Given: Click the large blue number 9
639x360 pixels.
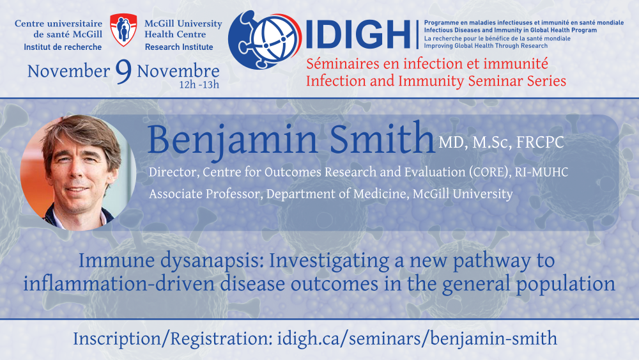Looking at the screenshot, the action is [123, 72].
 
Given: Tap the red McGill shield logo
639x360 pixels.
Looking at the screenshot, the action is [123, 30].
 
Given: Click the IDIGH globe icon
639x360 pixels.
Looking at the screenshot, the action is [265, 40].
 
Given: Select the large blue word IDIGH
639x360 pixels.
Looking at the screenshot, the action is [358, 35].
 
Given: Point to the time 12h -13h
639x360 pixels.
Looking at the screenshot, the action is [199, 85].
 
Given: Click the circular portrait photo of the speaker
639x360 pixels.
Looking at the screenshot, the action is [78, 173].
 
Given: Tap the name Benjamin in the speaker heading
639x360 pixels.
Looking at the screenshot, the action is [233, 139].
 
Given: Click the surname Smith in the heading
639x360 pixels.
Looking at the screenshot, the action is [382, 139].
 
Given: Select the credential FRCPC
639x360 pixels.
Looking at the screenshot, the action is [540, 143].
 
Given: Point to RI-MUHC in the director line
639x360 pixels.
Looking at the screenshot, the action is [541, 172].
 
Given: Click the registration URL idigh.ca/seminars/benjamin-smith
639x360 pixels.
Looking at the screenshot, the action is [417, 339].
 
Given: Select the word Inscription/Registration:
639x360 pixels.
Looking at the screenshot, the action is [173, 339].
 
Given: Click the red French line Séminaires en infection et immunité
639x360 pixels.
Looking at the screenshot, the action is [427, 63].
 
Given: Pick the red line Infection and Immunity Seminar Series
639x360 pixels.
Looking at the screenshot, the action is [436, 81].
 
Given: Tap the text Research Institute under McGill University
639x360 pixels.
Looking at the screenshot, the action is [179, 47].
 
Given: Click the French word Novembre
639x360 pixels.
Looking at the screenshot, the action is [178, 72].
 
